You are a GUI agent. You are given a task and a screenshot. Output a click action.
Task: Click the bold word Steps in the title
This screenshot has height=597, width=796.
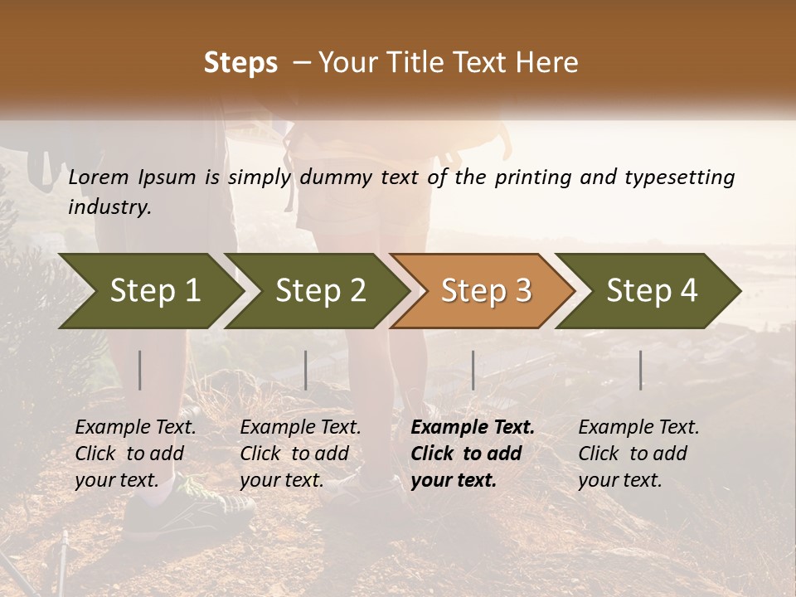coord(240,63)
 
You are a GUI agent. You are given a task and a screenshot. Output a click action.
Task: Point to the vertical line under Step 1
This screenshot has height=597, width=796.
coord(140,370)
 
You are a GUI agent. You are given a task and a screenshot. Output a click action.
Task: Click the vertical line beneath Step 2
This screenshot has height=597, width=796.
coord(306,370)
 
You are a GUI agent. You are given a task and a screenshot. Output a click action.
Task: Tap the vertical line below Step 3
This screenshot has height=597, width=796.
coord(473,370)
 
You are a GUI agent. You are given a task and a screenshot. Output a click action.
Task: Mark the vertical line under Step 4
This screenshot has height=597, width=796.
coord(641,370)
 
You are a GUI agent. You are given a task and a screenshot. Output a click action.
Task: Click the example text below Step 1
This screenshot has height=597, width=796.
coord(135,454)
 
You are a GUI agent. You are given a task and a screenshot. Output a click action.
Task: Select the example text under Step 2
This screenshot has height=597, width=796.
coord(300,454)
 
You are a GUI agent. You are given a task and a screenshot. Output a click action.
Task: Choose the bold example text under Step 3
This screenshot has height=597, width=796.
coord(472,454)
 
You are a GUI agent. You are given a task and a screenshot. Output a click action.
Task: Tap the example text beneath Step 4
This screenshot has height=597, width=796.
coord(638,454)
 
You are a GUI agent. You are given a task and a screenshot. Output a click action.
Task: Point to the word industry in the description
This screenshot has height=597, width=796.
coord(109,207)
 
